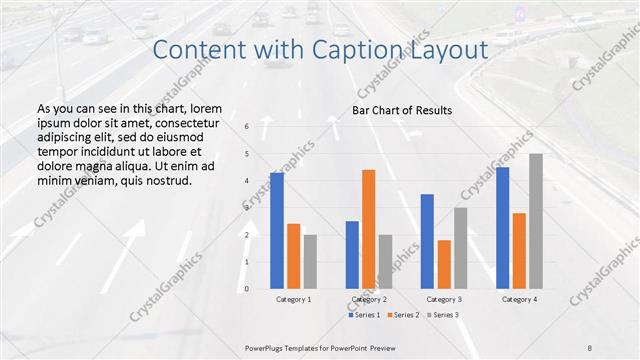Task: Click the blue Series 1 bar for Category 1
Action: point(277,230)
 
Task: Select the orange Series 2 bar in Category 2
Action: point(368,229)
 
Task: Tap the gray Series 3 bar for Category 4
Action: point(536,221)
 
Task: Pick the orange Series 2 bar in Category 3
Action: point(444,264)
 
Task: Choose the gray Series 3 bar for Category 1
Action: point(310,261)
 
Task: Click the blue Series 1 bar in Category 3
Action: point(427,241)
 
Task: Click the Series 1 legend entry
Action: point(365,315)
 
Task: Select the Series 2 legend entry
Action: point(402,315)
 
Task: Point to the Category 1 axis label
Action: point(293,299)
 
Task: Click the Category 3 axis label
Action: point(444,299)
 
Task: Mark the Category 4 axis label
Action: point(519,299)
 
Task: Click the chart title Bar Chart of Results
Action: point(403,110)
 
